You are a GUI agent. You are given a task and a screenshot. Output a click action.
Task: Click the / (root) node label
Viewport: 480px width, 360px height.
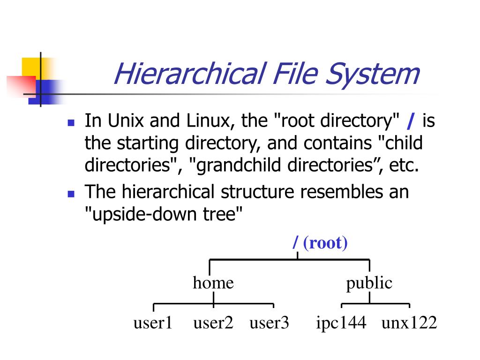coord(320,243)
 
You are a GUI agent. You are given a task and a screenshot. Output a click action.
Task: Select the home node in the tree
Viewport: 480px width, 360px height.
coord(213,283)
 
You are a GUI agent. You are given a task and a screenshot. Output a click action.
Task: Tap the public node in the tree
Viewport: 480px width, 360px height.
coord(369,283)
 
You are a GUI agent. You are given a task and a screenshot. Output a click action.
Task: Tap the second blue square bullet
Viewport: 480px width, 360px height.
coord(71,193)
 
